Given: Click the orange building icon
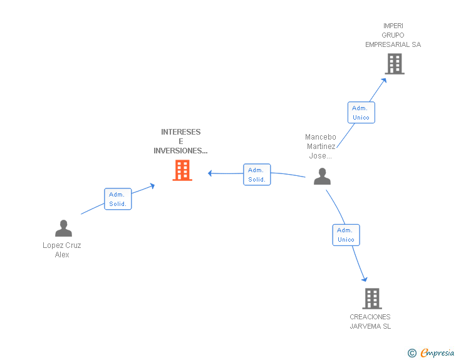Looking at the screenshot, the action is tap(182, 170).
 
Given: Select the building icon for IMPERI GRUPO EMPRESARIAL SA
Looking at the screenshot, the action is tap(395, 64).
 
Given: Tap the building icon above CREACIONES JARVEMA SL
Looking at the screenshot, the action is tap(372, 299).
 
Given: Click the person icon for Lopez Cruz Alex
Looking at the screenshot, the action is tap(63, 228).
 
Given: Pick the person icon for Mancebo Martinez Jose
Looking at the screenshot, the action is tap(322, 176).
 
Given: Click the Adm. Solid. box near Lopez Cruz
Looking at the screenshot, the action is tap(118, 199).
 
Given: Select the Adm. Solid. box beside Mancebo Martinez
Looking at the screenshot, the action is tap(257, 175).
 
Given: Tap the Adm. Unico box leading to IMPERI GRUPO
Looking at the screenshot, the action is tap(361, 113).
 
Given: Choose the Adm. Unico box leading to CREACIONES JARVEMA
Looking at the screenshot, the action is tap(346, 235).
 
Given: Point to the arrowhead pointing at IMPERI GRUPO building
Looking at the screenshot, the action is tap(384, 81).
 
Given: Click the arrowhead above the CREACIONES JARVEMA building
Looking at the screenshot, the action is tap(365, 279).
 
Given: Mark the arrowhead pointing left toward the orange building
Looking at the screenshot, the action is tap(210, 173).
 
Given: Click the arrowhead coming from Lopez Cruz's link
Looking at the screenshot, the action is tap(152, 185).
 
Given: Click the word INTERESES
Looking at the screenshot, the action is tap(181, 132).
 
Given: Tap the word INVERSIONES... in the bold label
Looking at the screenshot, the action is tap(180, 151).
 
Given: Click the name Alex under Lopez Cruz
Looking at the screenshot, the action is tap(62, 255).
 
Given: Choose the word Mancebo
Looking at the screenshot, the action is tap(321, 137).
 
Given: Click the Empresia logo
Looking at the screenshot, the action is tap(431, 352).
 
